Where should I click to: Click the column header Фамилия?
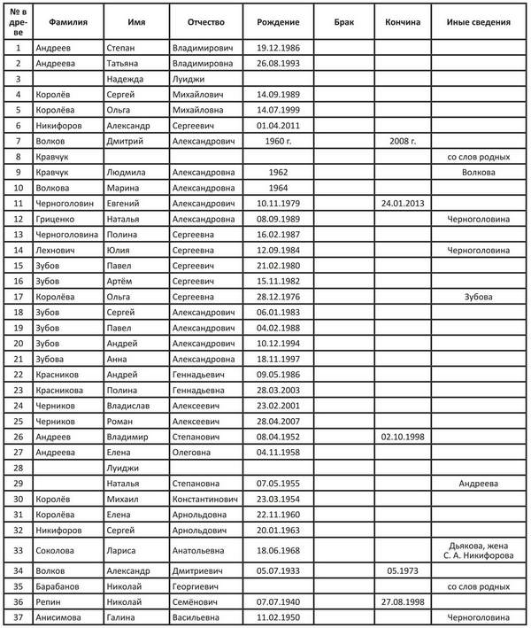[x=67, y=20]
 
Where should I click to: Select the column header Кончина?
[x=403, y=20]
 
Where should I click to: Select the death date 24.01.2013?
[x=403, y=203]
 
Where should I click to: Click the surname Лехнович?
[x=58, y=250]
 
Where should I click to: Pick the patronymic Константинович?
[x=205, y=498]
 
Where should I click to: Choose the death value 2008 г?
[x=403, y=141]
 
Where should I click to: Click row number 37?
[x=18, y=616]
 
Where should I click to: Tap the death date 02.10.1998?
[x=403, y=436]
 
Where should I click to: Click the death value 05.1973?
[x=403, y=570]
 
